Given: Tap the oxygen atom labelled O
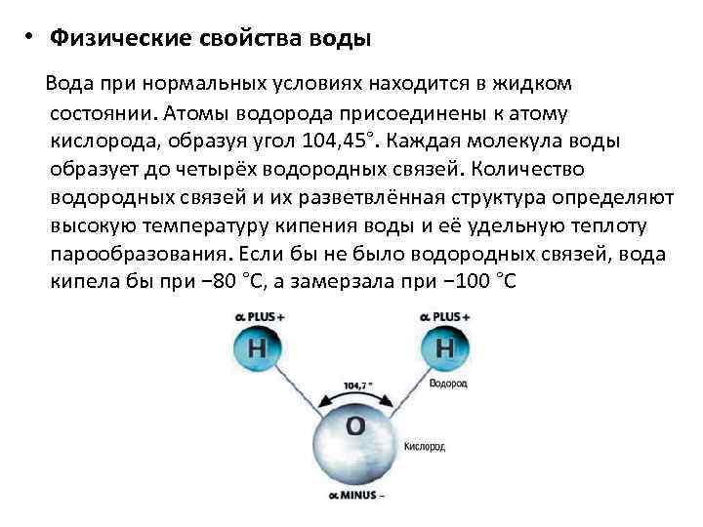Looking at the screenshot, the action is (x=355, y=426).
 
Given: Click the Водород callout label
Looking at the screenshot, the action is (x=448, y=385).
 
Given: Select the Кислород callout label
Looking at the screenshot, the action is (x=425, y=446).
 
